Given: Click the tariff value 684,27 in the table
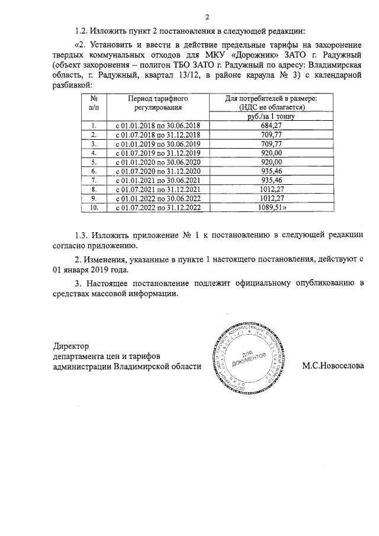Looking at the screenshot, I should [x=271, y=126].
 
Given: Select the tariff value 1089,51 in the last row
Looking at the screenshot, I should [x=272, y=208].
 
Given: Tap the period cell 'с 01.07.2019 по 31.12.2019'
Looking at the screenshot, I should [x=156, y=153].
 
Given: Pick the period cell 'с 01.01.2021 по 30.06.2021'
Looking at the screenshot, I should [x=156, y=180].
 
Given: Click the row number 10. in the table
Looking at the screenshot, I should [x=94, y=208].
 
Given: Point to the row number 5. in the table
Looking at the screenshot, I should [x=94, y=162].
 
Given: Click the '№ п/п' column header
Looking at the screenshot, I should [x=94, y=103].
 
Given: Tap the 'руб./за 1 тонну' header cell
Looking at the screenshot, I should [x=271, y=117].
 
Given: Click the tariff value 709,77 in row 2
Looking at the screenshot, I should [x=271, y=134].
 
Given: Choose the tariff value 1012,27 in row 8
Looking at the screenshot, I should [x=271, y=190].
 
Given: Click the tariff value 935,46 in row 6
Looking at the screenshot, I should [x=271, y=171].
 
